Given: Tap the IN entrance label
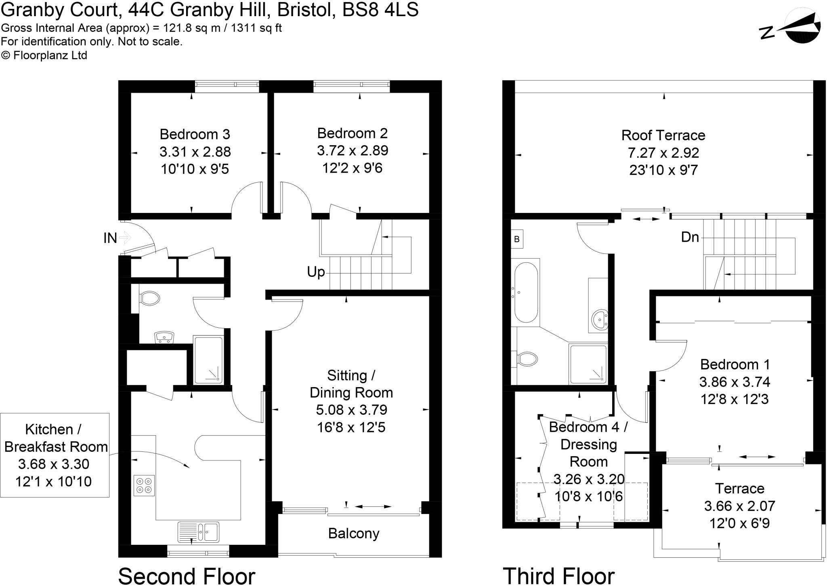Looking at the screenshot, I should click(x=110, y=238).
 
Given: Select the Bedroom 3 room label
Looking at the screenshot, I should click(x=195, y=134).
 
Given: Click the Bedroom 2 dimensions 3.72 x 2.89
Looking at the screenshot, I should click(x=352, y=150).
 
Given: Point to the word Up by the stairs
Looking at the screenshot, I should click(x=316, y=272).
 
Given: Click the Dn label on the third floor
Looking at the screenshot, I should click(x=690, y=237).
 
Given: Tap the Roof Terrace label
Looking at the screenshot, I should click(x=663, y=135).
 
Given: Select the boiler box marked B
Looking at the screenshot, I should click(x=516, y=239).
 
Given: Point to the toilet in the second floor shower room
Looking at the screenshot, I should click(x=149, y=299).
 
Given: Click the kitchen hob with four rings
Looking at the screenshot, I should click(x=144, y=485).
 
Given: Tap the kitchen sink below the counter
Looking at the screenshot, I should click(x=199, y=532).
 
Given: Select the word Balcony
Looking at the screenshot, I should click(x=353, y=533).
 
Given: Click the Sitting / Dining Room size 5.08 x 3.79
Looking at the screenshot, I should click(x=351, y=410).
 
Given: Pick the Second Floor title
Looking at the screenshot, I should click(x=187, y=575).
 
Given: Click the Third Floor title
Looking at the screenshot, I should click(x=558, y=575).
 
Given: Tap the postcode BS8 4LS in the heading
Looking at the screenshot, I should click(x=380, y=10).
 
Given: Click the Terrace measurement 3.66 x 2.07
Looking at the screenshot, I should click(x=739, y=506).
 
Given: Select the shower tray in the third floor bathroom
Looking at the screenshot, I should click(x=588, y=364).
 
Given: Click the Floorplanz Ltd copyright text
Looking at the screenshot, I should click(x=44, y=55).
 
